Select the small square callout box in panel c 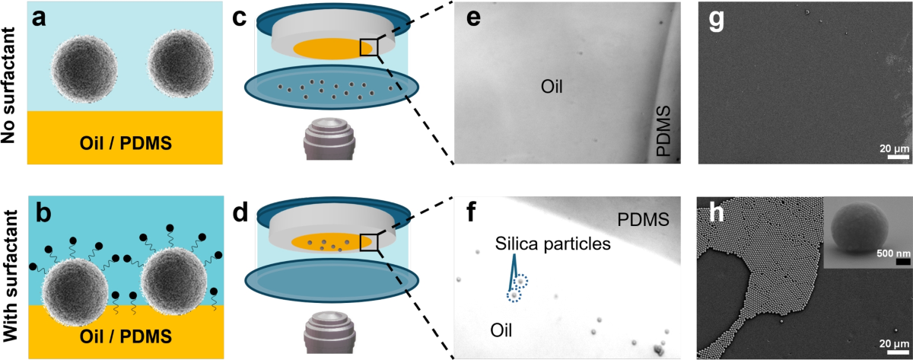(x=369, y=46)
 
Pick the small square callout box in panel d (x=369, y=241)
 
